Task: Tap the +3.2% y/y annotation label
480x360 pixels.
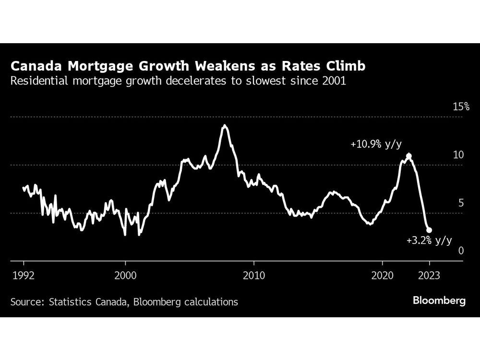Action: pyautogui.click(x=429, y=241)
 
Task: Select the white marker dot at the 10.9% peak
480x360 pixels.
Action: pyautogui.click(x=408, y=156)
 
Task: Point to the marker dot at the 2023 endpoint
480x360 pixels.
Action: pyautogui.click(x=429, y=230)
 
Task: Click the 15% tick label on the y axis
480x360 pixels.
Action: pyautogui.click(x=461, y=107)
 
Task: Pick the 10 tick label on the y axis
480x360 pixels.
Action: pyautogui.click(x=459, y=155)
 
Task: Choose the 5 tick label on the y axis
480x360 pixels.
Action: pyautogui.click(x=461, y=203)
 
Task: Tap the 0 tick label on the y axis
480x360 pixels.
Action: pyautogui.click(x=461, y=251)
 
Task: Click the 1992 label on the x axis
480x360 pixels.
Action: pyautogui.click(x=24, y=276)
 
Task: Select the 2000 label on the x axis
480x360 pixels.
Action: pyautogui.click(x=125, y=276)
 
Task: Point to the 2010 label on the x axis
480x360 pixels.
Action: pyautogui.click(x=253, y=276)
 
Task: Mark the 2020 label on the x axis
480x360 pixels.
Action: pyautogui.click(x=382, y=276)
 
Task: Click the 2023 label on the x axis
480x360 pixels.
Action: pyautogui.click(x=429, y=276)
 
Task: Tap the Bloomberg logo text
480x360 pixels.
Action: pyautogui.click(x=439, y=301)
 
